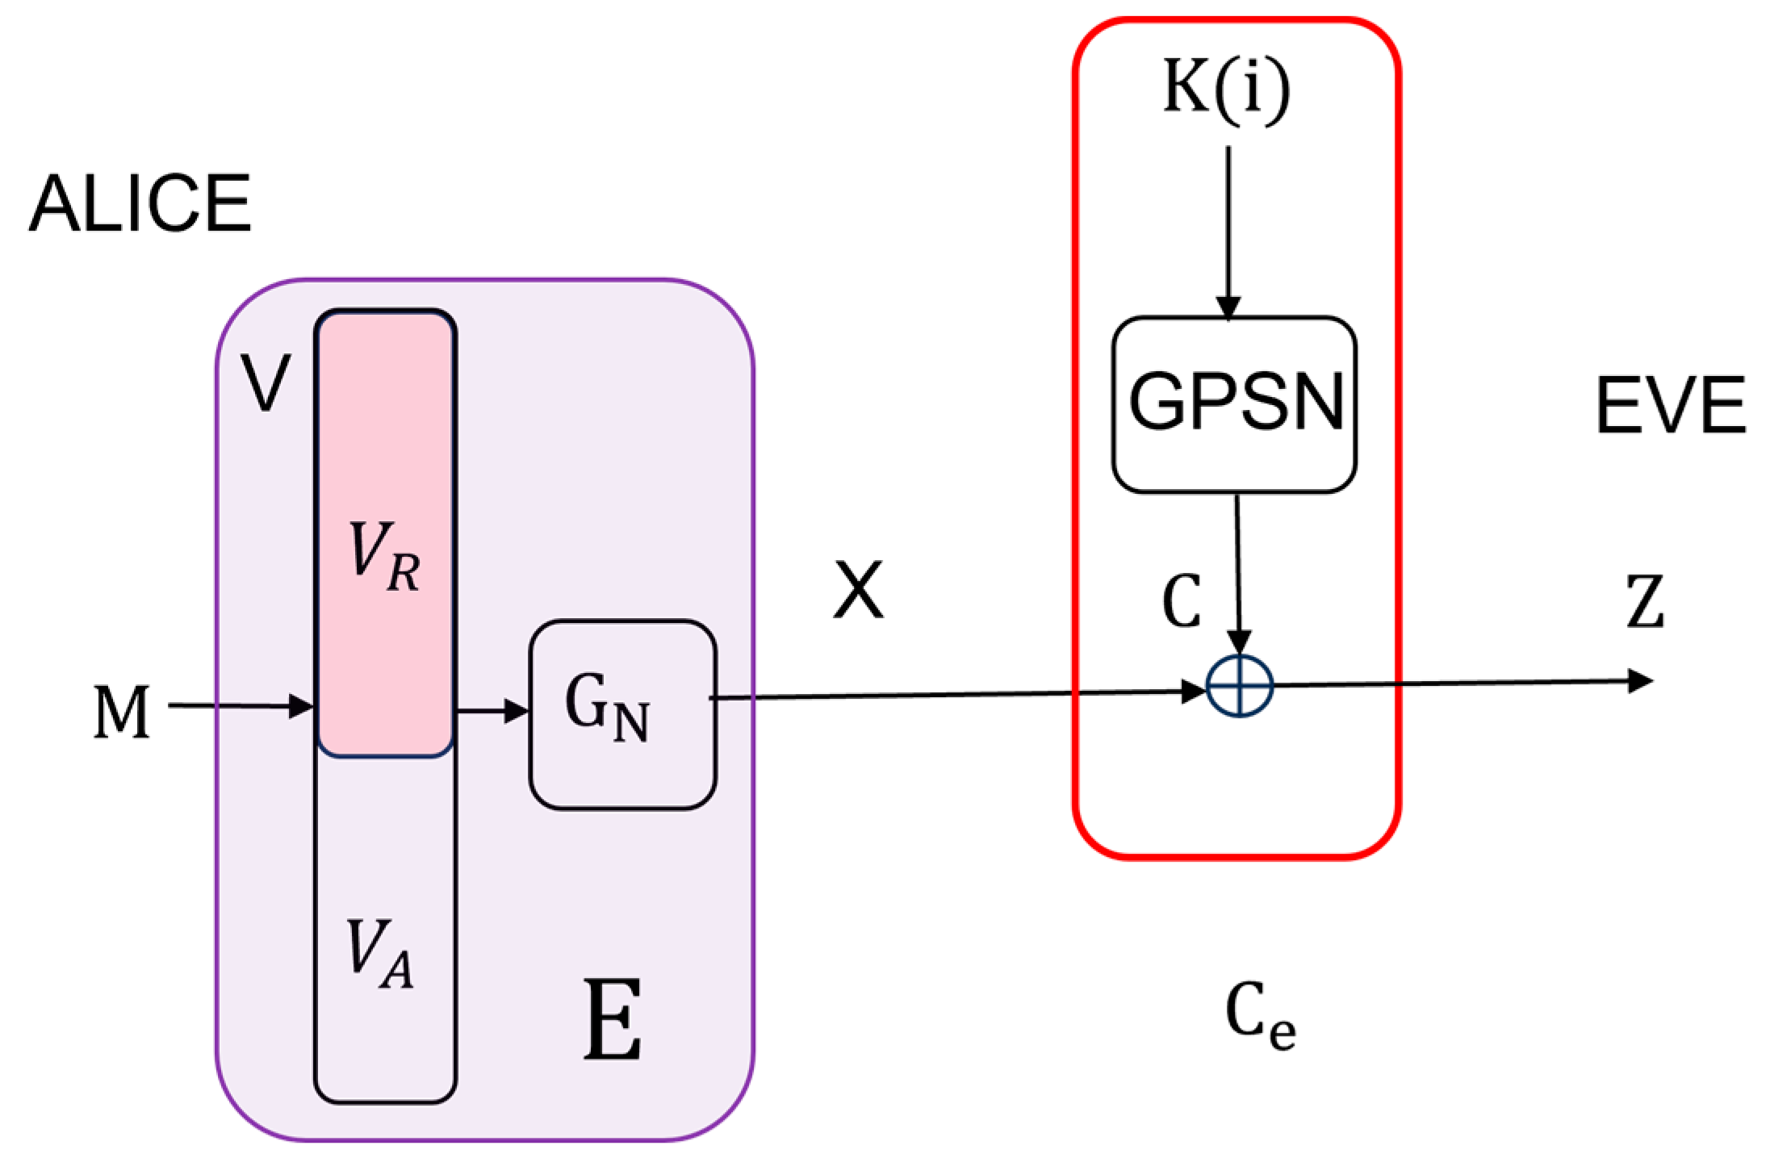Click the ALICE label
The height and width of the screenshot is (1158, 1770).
pos(140,205)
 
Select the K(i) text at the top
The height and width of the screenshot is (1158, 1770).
pos(1226,90)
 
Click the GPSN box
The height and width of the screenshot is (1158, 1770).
pos(1234,403)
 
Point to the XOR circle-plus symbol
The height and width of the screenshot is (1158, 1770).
pos(1239,686)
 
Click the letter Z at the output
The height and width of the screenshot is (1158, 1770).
pos(1644,602)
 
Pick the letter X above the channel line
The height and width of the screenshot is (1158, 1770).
pos(858,591)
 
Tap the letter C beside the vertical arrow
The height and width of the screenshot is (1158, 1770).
pos(1182,602)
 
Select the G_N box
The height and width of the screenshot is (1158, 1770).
pos(622,713)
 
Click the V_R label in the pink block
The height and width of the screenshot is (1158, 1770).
pos(384,558)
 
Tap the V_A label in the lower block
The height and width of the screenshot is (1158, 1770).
pos(380,955)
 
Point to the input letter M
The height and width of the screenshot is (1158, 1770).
pos(121,713)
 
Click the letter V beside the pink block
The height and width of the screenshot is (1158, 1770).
pos(266,384)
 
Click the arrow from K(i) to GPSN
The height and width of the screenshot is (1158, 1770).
pos(1228,234)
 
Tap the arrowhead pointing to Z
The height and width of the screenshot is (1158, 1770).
pos(1638,682)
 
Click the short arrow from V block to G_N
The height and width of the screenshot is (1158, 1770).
pos(492,711)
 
